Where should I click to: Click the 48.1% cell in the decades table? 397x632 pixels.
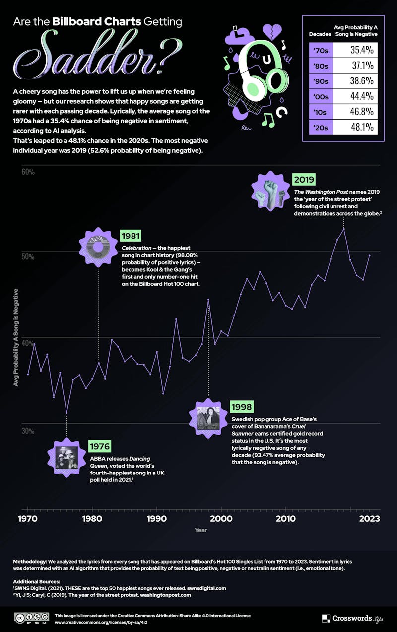pyautogui.click(x=355, y=127)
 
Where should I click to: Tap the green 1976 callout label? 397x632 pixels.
pyautogui.click(x=99, y=446)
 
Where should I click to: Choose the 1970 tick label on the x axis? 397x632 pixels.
pyautogui.click(x=28, y=519)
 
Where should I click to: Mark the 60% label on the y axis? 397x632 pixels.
pyautogui.click(x=27, y=172)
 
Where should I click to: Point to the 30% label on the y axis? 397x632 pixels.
pyautogui.click(x=27, y=431)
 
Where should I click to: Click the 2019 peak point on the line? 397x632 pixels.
pyautogui.click(x=344, y=229)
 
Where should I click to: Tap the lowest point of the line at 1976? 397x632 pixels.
pyautogui.click(x=66, y=412)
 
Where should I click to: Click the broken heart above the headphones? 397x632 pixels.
pyautogui.click(x=271, y=32)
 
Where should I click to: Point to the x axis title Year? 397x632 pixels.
pyautogui.click(x=201, y=530)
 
